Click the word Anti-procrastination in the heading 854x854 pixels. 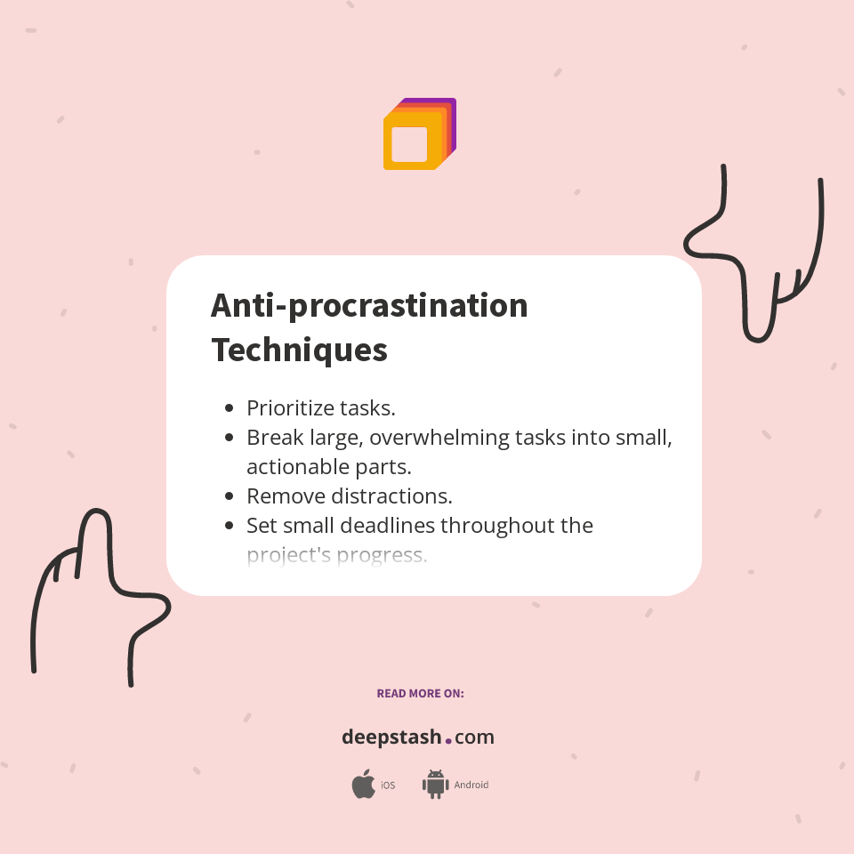[x=369, y=306]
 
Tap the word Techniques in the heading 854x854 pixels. [x=299, y=350]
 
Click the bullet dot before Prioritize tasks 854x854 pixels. [x=229, y=408]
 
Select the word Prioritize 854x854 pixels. [x=291, y=408]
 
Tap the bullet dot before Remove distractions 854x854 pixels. [x=229, y=496]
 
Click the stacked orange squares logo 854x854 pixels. [x=419, y=134]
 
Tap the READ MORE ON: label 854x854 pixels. [x=420, y=693]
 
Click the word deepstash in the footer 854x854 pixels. [x=391, y=737]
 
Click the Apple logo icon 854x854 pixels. [x=363, y=785]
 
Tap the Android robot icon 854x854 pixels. [x=435, y=785]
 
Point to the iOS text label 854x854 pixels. [x=388, y=786]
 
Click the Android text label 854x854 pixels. [x=471, y=786]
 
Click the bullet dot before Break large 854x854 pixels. [x=229, y=438]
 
